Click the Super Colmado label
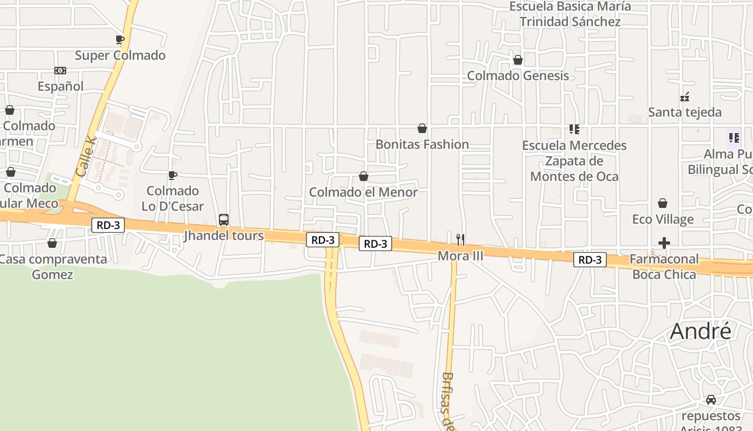tap(120, 55)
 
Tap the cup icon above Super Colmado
tap(120, 39)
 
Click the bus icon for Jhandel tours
tap(224, 220)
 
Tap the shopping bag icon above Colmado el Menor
tap(364, 176)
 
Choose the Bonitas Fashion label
tap(422, 144)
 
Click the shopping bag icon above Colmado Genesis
tap(518, 60)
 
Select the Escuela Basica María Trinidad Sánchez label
tap(570, 14)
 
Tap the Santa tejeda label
tap(685, 112)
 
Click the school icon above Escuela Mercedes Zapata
tap(574, 129)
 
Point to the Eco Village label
tap(663, 219)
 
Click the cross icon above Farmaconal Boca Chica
tap(664, 243)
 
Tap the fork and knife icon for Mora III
tap(460, 240)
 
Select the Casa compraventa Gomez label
tap(53, 267)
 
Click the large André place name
tap(701, 331)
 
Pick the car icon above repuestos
tap(711, 400)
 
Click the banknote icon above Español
tap(60, 71)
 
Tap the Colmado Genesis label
tap(518, 75)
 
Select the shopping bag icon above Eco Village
tap(663, 203)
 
